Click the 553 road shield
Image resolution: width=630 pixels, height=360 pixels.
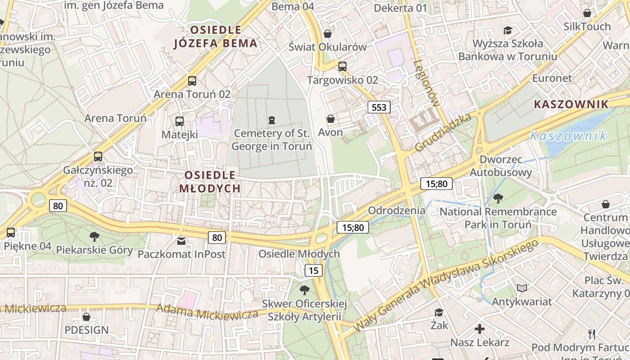click(x=379, y=107)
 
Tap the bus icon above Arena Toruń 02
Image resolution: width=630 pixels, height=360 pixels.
click(x=192, y=81)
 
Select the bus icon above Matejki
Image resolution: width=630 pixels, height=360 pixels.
click(x=180, y=121)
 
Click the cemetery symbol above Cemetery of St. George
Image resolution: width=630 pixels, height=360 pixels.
click(x=271, y=120)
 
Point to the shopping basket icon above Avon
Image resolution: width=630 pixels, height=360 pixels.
click(x=331, y=119)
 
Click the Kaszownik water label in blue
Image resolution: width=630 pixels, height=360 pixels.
click(x=568, y=135)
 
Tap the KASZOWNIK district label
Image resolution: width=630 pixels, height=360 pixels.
click(x=571, y=104)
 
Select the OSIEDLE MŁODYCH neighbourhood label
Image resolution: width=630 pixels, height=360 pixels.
click(x=210, y=181)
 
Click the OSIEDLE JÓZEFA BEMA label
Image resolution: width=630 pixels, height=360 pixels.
click(x=216, y=36)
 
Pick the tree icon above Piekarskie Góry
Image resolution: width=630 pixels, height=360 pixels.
click(x=94, y=237)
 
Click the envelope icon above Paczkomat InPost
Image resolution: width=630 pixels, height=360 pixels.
click(x=181, y=241)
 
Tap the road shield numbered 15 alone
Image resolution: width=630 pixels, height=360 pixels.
click(x=314, y=270)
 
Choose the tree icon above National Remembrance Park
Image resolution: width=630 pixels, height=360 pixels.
click(x=498, y=198)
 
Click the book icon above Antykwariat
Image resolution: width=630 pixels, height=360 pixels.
click(x=522, y=288)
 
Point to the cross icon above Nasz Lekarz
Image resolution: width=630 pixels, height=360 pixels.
click(x=480, y=329)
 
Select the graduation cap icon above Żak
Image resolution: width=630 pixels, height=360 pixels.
click(x=439, y=312)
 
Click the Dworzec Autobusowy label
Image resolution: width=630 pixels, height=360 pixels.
click(x=501, y=166)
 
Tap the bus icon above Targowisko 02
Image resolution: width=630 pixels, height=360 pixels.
click(x=342, y=67)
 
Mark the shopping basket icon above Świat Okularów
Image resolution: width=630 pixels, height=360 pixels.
click(x=328, y=34)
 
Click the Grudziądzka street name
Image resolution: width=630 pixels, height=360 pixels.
click(x=443, y=132)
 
